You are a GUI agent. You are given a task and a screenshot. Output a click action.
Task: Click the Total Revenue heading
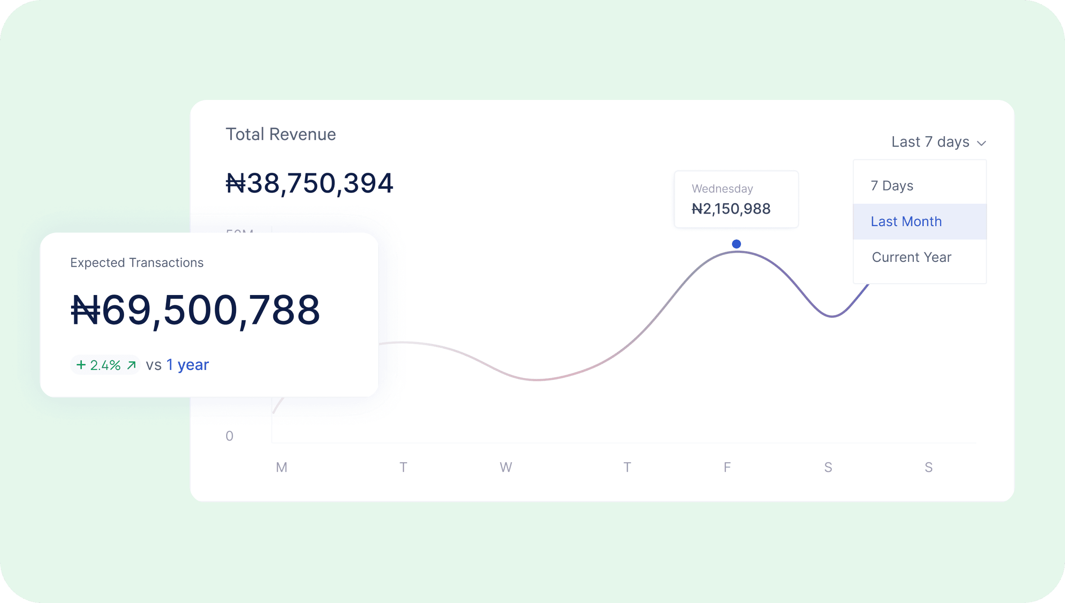coord(280,134)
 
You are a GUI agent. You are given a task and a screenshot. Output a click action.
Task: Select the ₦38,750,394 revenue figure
coord(309,183)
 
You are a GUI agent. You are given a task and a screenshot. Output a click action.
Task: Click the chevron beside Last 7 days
coord(981,143)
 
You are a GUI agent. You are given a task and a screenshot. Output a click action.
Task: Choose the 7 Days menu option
coord(892,186)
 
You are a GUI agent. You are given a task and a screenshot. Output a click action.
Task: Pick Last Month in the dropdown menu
coord(906,221)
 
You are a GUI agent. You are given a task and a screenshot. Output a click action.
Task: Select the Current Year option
coord(911,257)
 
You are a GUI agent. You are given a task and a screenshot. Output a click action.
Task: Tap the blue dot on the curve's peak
coord(736,244)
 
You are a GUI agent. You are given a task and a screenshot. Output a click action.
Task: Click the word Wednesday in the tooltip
coord(722,189)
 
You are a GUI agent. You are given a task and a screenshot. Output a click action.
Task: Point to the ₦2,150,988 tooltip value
coord(731,209)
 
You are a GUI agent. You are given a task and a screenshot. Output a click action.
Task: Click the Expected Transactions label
coord(137,263)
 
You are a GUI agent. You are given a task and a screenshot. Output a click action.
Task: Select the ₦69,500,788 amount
coord(195,310)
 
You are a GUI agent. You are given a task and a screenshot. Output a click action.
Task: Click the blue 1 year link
coord(187,365)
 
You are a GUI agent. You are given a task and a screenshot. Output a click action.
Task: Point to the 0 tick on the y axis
coord(230,436)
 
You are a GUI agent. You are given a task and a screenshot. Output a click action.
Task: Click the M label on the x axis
coord(281,467)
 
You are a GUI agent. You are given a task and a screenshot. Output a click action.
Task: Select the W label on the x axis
coord(506,467)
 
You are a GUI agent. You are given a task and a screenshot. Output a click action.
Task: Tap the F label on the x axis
coord(727,467)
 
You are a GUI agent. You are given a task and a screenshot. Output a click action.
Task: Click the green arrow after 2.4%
coord(131,365)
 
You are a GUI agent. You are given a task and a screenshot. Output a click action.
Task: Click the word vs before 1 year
coord(153,365)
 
